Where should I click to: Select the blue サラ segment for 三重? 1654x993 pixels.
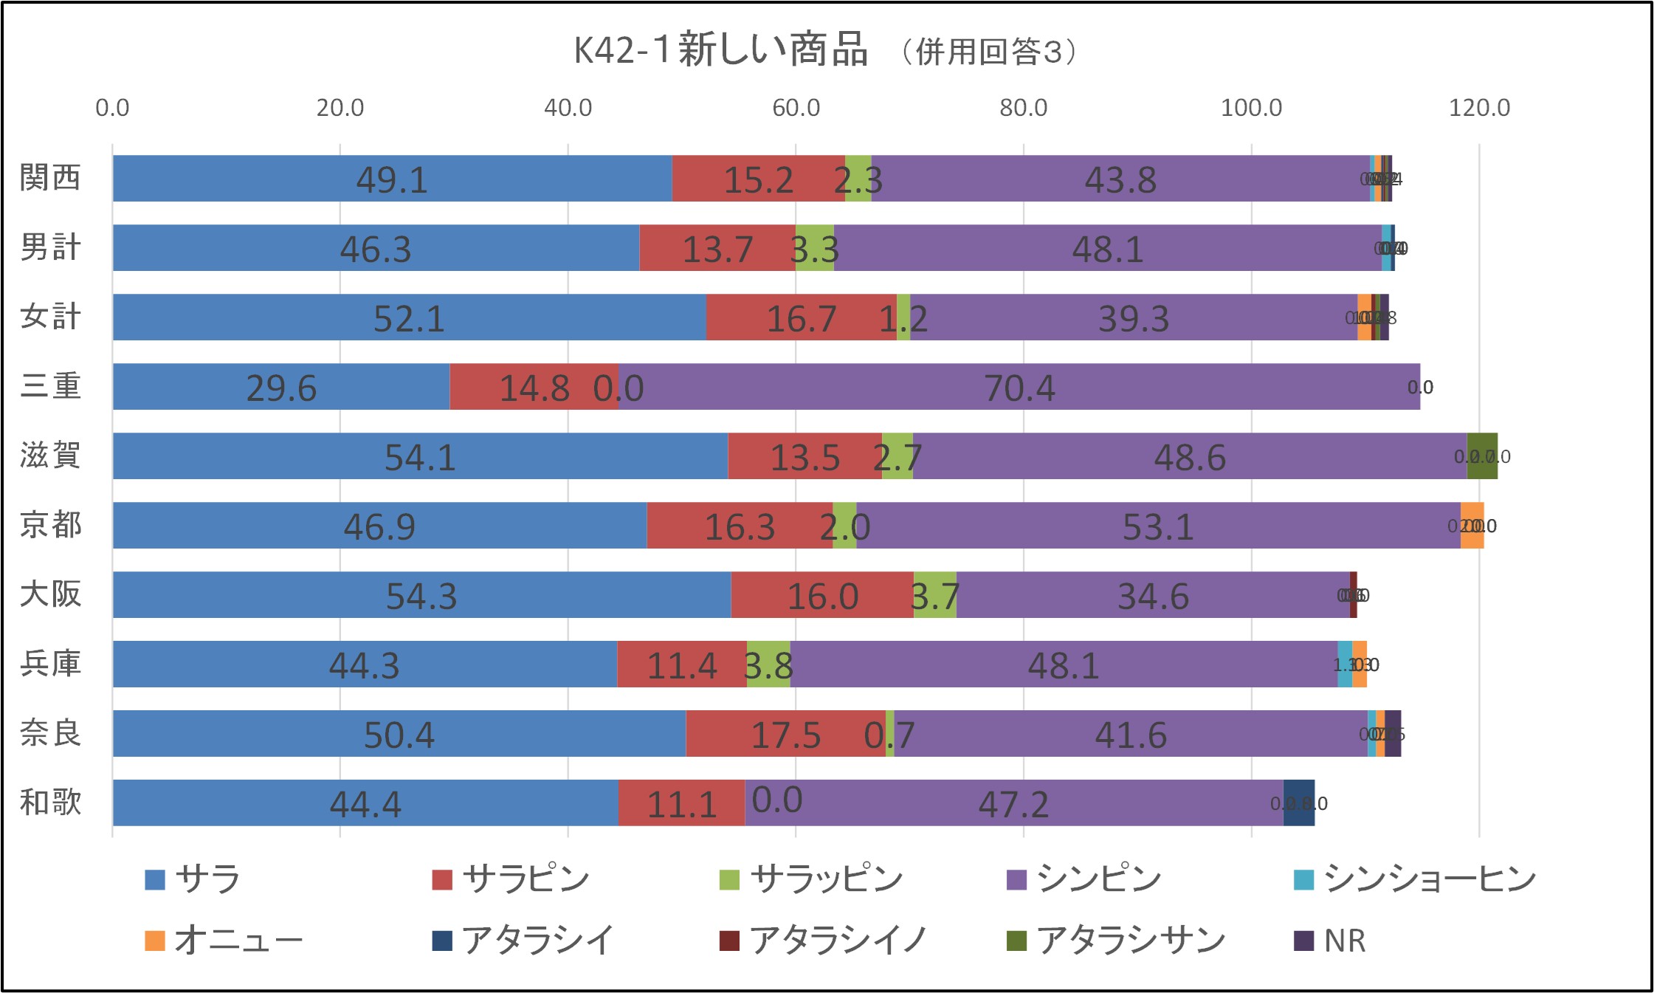[x=280, y=386]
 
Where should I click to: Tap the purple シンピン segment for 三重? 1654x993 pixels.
[x=1019, y=386]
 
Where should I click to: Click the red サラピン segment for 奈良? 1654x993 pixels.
[x=785, y=733]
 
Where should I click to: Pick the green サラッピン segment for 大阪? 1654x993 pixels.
[x=934, y=594]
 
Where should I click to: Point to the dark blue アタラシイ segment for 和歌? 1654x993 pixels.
[x=1298, y=803]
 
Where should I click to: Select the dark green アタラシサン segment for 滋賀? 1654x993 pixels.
[x=1482, y=456]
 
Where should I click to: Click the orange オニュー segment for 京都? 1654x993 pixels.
[x=1472, y=525]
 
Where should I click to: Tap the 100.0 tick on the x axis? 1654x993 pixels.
[x=1251, y=108]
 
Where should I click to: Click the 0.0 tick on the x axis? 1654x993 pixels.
[x=112, y=108]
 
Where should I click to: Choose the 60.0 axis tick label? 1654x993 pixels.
[x=796, y=108]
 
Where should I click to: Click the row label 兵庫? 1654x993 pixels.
[x=50, y=664]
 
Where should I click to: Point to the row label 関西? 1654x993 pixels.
[x=50, y=178]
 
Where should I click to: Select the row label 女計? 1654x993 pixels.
[x=50, y=317]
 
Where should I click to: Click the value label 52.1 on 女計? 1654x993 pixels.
[x=409, y=318]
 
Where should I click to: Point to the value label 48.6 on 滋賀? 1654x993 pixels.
[x=1190, y=457]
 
